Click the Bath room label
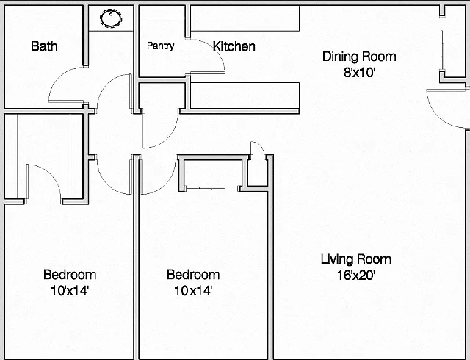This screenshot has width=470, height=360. click(x=44, y=46)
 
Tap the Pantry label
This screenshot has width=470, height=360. click(x=161, y=46)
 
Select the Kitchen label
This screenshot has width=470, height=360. click(x=234, y=46)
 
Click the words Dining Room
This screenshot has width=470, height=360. click(x=359, y=57)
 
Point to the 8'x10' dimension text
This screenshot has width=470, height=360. click(x=359, y=72)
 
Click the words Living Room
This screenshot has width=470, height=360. click(x=355, y=259)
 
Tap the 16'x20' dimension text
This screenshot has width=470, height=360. click(x=355, y=275)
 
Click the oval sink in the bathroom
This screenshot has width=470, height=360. click(x=111, y=18)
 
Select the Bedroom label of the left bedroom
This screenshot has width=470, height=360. click(x=70, y=275)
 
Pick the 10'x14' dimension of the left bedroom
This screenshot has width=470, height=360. click(x=70, y=290)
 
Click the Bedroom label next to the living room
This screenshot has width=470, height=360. click(x=193, y=275)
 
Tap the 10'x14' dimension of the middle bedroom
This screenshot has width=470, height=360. click(x=193, y=290)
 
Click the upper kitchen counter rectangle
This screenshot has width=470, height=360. click(x=245, y=18)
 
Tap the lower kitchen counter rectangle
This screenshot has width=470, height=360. click(x=245, y=96)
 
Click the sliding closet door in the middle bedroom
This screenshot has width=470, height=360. click(x=206, y=188)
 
